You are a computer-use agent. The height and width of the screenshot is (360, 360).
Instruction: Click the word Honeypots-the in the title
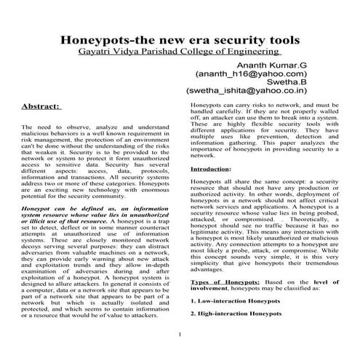(x=105, y=39)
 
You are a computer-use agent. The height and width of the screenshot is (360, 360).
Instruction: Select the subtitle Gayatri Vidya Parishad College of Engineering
(x=180, y=53)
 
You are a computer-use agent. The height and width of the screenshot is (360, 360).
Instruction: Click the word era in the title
(x=189, y=39)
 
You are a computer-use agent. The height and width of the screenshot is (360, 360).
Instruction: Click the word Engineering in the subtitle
(x=255, y=53)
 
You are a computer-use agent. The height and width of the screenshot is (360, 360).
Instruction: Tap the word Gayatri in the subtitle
(x=98, y=53)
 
